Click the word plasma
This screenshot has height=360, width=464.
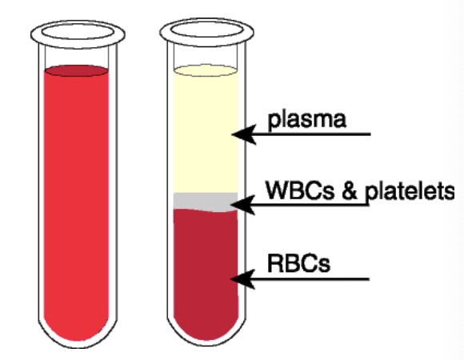pos(307,120)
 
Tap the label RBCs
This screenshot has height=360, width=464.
pos(298,263)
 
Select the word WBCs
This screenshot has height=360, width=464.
pos(300,190)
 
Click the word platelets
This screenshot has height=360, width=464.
pos(410,192)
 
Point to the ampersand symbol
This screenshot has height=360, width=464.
pos(349,190)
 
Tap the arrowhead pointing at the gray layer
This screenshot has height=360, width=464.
pos(242,205)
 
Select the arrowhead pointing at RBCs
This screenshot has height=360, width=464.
pos(242,279)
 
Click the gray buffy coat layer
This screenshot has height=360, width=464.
pos(206,202)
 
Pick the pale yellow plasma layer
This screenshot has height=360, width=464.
pos(206,133)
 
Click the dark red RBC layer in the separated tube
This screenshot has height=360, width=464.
pos(206,272)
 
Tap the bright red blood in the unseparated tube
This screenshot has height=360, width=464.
pos(76,204)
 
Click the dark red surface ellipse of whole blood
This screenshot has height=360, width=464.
pos(76,71)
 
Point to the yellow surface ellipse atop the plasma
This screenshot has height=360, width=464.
pos(206,70)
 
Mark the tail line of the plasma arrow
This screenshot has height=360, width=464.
pos(313,134)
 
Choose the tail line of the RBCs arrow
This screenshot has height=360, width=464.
pos(312,279)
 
